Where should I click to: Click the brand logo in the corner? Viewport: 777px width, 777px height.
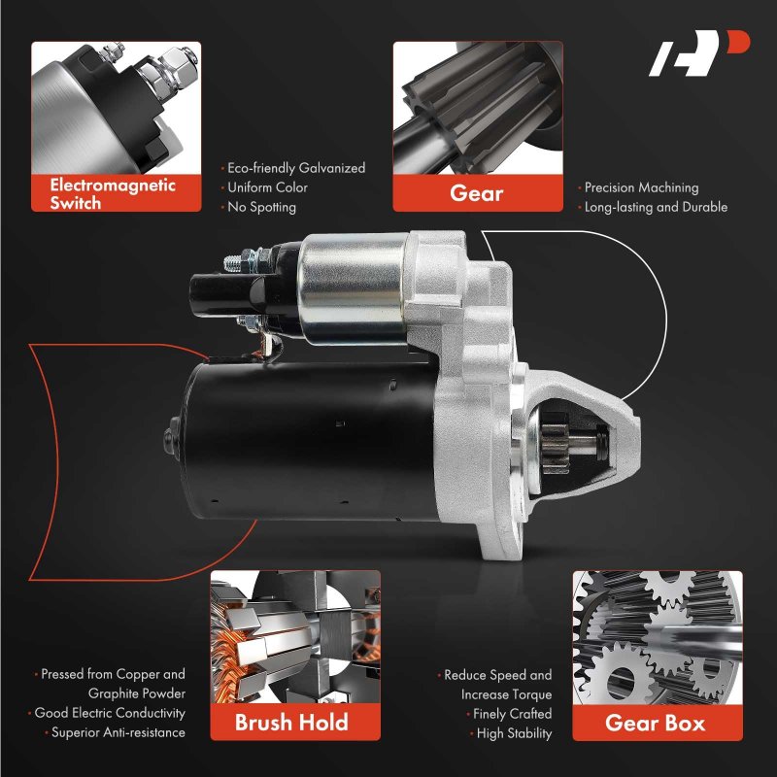698,53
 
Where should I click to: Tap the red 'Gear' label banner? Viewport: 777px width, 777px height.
478,193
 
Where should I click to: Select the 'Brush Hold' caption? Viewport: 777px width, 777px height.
291,722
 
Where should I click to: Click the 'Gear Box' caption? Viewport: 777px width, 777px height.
655,723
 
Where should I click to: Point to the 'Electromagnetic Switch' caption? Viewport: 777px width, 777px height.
113,193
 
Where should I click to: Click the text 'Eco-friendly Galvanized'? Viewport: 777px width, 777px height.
296,168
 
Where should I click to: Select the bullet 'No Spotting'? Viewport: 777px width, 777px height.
261,207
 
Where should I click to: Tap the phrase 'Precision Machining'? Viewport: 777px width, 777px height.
641,187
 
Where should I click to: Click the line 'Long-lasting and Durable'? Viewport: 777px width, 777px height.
656,207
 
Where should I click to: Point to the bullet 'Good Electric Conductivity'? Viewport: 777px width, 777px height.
110,713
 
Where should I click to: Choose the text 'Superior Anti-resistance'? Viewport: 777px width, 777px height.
118,732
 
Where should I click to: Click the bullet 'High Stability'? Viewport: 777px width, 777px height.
514,733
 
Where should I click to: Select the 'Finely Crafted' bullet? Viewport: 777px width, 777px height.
513,714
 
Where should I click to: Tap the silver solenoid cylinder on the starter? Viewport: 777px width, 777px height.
353,288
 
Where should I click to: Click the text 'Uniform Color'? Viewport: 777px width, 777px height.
267,187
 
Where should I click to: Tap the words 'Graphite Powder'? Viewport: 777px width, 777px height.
137,693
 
